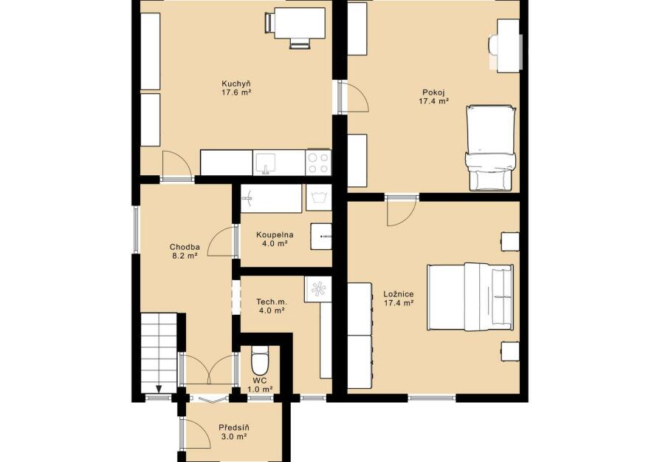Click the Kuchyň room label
[x=236, y=88]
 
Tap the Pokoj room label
[x=433, y=97]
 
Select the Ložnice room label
[x=398, y=298]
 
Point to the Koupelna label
[x=275, y=239]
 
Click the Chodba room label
[x=185, y=251]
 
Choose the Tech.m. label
[x=272, y=306]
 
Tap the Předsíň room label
[x=233, y=432]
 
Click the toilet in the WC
[x=260, y=361]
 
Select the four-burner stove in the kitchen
[x=318, y=163]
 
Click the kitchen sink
[x=266, y=163]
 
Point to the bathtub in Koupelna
[x=271, y=198]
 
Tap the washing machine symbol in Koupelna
[x=319, y=197]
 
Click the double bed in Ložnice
[x=470, y=296]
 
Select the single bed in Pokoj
[x=491, y=148]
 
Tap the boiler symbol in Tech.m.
[x=318, y=289]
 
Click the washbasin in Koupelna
[x=321, y=236]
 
